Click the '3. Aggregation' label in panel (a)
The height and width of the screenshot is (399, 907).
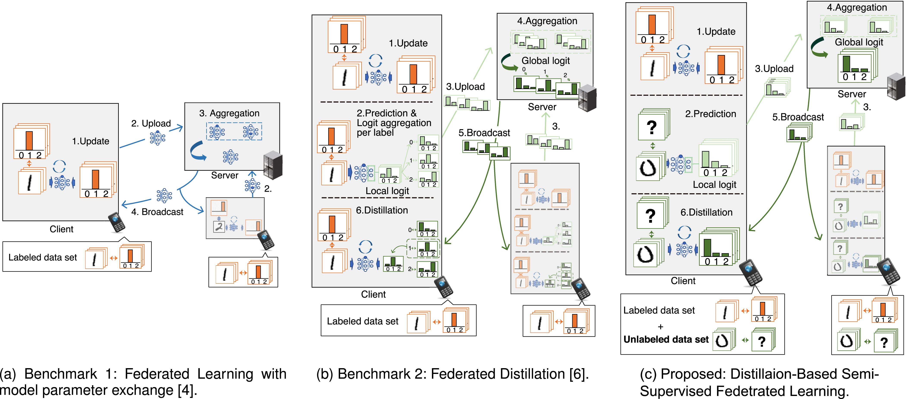(229, 113)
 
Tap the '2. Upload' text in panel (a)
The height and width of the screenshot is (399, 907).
(151, 123)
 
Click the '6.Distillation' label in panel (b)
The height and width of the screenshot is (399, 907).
(382, 210)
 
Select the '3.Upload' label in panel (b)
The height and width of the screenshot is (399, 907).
(465, 86)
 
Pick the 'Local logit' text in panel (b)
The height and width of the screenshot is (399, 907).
(387, 191)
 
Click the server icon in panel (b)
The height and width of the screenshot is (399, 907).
(587, 98)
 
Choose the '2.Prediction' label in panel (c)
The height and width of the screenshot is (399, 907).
(710, 114)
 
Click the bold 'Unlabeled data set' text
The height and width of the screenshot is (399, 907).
(666, 339)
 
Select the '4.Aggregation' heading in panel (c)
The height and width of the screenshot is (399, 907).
(857, 7)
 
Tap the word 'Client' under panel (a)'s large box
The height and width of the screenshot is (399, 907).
(61, 229)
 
